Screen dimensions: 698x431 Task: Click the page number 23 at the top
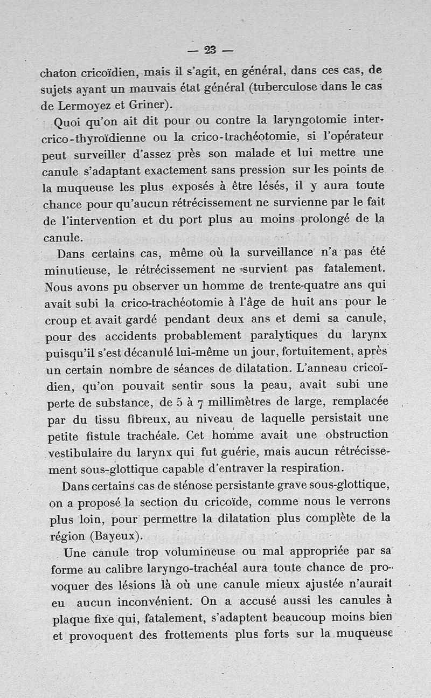coord(210,50)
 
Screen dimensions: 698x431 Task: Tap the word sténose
coord(201,486)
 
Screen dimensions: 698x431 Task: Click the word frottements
coord(196,635)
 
